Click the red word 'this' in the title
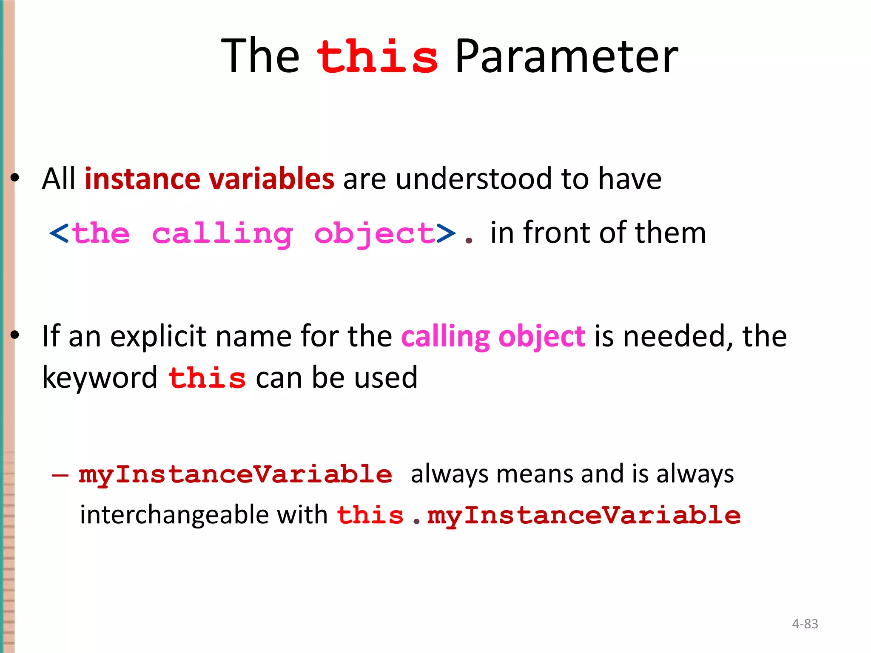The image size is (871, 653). click(377, 57)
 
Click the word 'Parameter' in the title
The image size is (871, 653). click(566, 57)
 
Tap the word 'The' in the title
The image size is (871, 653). click(260, 57)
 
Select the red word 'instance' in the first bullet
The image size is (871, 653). click(142, 179)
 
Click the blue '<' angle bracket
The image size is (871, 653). click(59, 234)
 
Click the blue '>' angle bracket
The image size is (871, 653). click(446, 234)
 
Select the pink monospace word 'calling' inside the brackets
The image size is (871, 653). click(222, 234)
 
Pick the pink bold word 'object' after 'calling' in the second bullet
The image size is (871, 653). click(542, 337)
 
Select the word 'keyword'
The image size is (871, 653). click(100, 378)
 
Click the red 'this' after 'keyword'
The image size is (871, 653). click(207, 378)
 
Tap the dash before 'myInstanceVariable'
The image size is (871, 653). click(60, 475)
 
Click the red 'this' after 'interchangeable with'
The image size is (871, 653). click(370, 515)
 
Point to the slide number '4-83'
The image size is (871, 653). click(805, 624)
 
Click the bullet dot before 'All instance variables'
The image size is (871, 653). click(15, 178)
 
